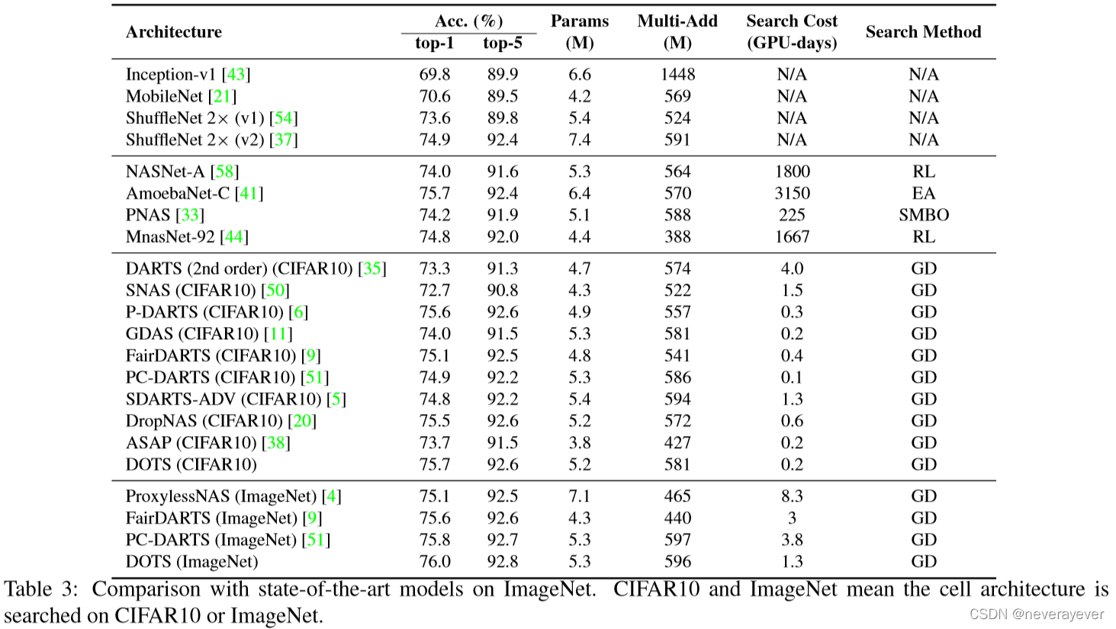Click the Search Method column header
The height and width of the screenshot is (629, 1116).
923,32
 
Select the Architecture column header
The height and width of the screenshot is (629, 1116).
174,32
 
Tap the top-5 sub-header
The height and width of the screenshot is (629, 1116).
503,43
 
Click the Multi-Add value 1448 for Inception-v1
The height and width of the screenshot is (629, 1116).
677,74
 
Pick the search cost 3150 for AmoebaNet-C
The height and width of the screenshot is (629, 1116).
792,193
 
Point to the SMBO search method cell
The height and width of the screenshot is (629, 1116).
924,215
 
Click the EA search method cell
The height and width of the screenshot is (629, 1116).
924,193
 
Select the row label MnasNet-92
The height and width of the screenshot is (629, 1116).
170,236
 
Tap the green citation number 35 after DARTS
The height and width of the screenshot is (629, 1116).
371,269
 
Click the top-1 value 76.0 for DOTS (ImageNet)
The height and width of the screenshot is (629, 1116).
435,562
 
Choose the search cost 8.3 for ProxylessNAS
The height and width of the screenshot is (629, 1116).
792,496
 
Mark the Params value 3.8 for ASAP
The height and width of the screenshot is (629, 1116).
580,443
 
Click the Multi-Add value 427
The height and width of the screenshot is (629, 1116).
677,443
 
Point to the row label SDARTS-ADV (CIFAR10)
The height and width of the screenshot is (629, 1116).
224,400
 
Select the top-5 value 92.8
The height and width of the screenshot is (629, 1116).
503,562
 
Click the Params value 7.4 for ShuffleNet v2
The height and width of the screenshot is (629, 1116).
580,140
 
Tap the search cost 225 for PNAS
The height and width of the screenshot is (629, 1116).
792,215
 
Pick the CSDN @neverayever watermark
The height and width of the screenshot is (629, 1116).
1037,615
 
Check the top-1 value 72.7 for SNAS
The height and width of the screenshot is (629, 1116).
435,290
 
